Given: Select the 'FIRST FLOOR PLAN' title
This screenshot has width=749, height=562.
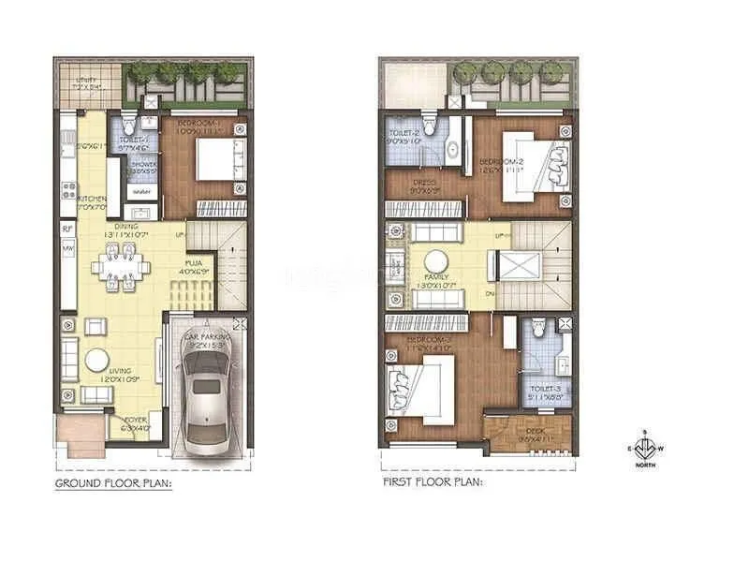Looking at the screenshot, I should (x=432, y=483).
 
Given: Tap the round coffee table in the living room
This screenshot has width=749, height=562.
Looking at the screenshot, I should (x=98, y=361).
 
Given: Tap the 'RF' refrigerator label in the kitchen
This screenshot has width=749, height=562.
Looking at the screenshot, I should (x=67, y=228).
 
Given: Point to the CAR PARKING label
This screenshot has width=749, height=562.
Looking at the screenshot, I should (x=205, y=336).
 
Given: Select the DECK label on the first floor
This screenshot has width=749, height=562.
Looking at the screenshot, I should (x=530, y=432).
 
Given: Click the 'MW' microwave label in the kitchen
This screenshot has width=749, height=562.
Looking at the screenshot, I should (x=67, y=249).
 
